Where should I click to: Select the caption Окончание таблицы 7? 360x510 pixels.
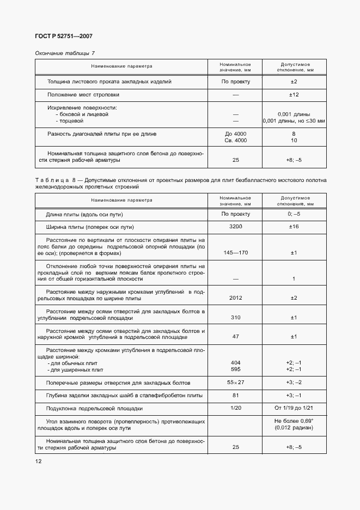pyautogui.click(x=65, y=53)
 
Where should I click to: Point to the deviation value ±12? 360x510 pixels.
pyautogui.click(x=294, y=95)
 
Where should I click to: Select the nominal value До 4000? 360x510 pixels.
pyautogui.click(x=236, y=133)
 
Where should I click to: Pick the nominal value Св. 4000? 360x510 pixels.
pyautogui.click(x=236, y=141)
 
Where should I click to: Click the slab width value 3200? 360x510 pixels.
pyautogui.click(x=236, y=227)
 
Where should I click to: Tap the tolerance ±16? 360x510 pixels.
pyautogui.click(x=294, y=227)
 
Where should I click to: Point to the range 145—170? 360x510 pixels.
pyautogui.click(x=236, y=253)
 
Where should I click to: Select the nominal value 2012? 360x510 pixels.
pyautogui.click(x=236, y=298)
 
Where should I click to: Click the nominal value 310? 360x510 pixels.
pyautogui.click(x=236, y=317)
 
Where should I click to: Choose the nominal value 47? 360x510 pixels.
pyautogui.click(x=236, y=336)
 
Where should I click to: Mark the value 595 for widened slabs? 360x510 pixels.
pyautogui.click(x=236, y=369)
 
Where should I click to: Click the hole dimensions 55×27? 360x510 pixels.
pyautogui.click(x=236, y=382)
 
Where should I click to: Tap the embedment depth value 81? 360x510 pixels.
pyautogui.click(x=236, y=395)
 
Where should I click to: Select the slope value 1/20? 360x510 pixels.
pyautogui.click(x=236, y=408)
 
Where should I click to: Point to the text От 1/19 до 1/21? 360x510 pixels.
pyautogui.click(x=294, y=408)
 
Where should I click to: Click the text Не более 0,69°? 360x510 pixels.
pyautogui.click(x=294, y=421)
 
